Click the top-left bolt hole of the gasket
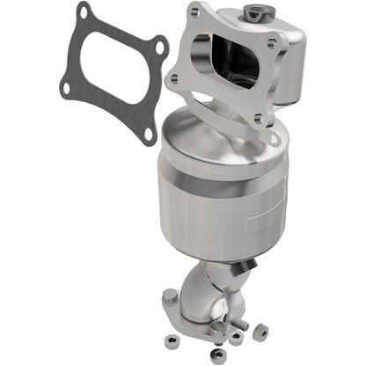(x=84, y=15)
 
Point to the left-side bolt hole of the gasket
(x=67, y=85)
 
